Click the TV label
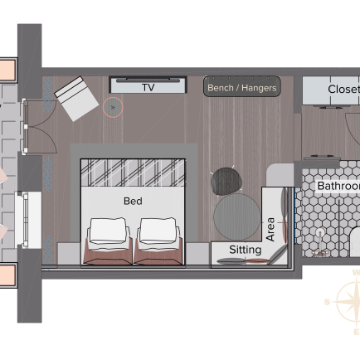(x=148, y=88)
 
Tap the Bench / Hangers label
(x=242, y=88)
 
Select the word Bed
(x=133, y=201)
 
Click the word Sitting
(x=246, y=250)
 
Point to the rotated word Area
(x=270, y=229)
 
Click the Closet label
(x=344, y=89)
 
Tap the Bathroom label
(x=338, y=186)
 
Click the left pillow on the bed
(x=108, y=231)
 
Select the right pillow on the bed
(x=158, y=231)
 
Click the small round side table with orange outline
(x=113, y=107)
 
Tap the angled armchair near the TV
(x=76, y=99)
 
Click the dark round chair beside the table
(x=226, y=181)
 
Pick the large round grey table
(x=237, y=216)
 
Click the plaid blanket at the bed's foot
(x=133, y=173)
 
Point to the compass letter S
(x=328, y=302)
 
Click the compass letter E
(x=357, y=332)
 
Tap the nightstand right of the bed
(x=197, y=254)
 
